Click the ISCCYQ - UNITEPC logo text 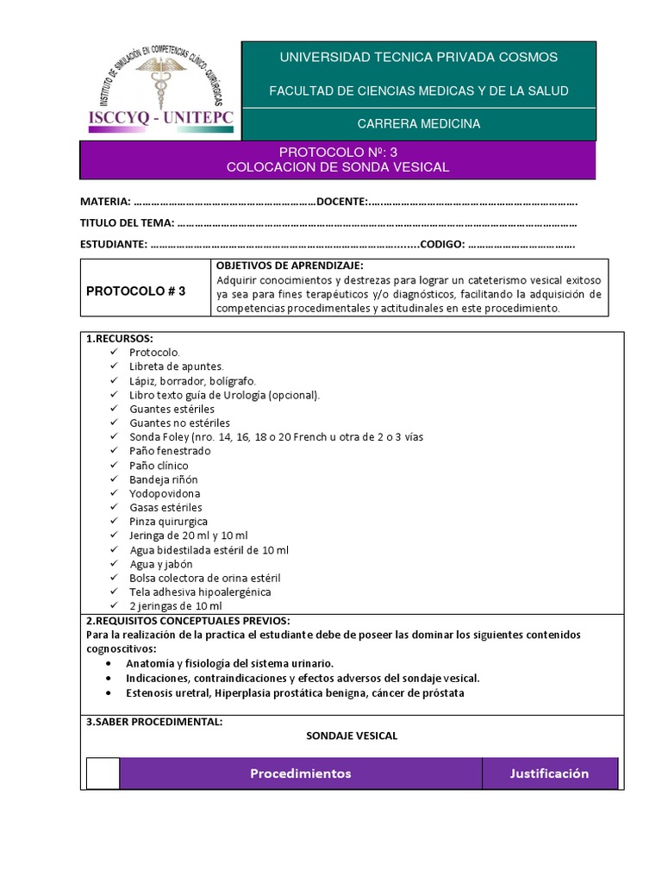point(160,119)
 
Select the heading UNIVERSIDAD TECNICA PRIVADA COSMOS point(419,57)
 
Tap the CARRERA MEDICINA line point(419,123)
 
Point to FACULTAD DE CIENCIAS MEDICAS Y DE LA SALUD point(419,91)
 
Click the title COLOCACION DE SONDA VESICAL point(338,167)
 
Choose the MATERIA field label point(105,202)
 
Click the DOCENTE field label point(342,202)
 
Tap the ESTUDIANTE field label point(113,244)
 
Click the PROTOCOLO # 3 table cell point(136,291)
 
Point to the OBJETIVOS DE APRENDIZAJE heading point(290,265)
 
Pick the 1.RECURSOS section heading point(119,338)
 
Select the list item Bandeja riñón point(164,479)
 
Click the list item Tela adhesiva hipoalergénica point(200,592)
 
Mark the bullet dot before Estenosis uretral point(107,693)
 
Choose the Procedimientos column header point(301,773)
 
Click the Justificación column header point(549,773)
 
